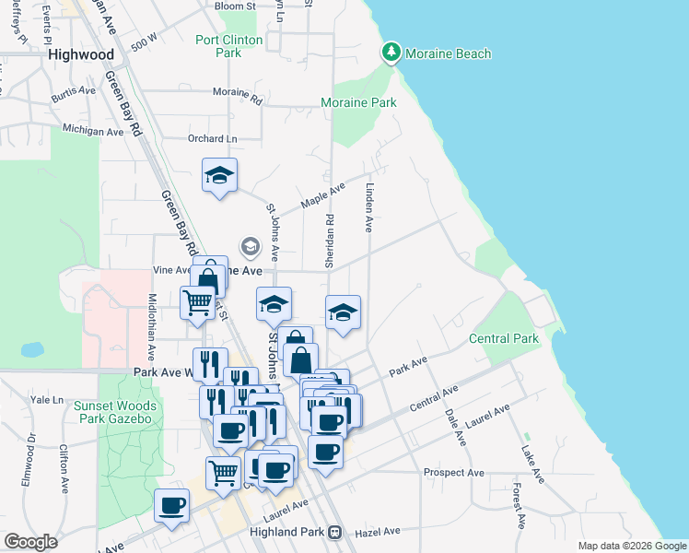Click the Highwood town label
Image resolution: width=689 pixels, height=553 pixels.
(81, 54)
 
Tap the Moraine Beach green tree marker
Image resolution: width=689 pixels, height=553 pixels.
(391, 53)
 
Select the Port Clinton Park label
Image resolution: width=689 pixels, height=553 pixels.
(229, 46)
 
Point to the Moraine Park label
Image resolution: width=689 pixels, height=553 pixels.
(358, 102)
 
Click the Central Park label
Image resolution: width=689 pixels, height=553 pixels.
(503, 338)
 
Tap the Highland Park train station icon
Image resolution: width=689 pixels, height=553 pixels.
(335, 532)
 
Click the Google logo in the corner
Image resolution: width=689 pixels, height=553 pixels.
(30, 542)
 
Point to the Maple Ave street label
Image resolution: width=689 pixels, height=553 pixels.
(324, 196)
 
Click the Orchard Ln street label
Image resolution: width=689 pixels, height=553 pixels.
(205, 138)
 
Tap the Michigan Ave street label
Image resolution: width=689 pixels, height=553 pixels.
(92, 131)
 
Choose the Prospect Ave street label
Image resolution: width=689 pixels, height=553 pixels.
(453, 473)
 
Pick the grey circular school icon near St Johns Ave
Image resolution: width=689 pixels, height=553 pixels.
(250, 246)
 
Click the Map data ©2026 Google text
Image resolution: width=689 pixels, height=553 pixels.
(632, 546)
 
